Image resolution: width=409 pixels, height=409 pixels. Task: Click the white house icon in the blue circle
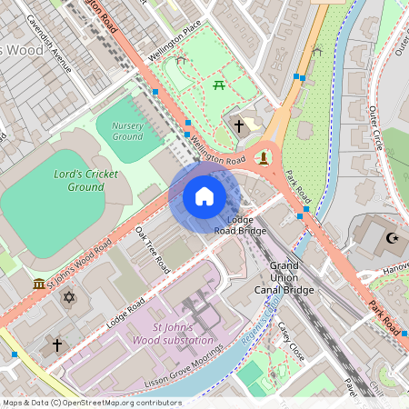coord(204,196)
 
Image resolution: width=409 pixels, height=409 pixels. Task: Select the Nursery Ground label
coord(127,131)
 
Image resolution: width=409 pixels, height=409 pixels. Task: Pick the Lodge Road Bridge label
coord(240,225)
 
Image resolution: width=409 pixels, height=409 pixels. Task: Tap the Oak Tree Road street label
coord(151,250)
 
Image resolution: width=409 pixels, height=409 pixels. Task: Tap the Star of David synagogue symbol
coord(67,296)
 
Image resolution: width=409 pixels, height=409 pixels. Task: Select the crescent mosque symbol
coord(393,238)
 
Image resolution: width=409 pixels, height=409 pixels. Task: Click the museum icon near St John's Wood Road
coord(39,285)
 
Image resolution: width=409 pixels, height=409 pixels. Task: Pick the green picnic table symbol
coord(219,85)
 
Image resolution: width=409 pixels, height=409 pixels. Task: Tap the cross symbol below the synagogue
coord(56,345)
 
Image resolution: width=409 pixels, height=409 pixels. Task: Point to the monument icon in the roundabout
coord(264,157)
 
